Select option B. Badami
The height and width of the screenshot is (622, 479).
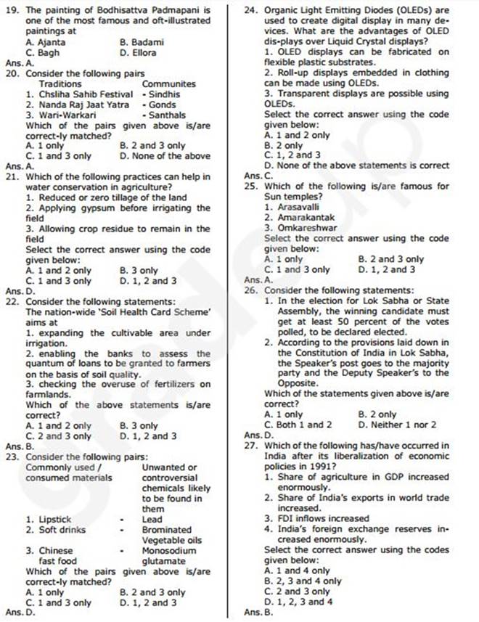coord(142,43)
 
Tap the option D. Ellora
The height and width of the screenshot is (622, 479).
coord(138,53)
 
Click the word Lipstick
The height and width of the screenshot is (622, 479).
coord(54,520)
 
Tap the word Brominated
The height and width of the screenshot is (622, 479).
coord(167,530)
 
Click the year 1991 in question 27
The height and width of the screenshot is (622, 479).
coord(311,466)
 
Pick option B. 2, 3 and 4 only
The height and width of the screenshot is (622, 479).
coord(303,581)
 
